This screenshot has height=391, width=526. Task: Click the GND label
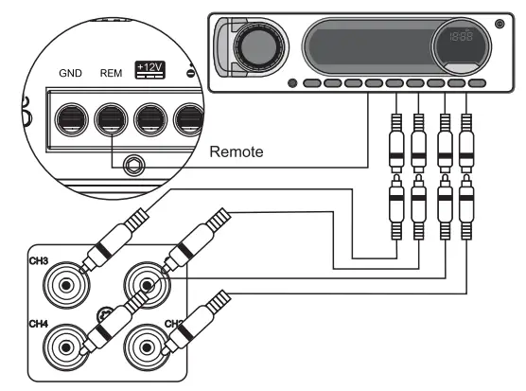pyautogui.click(x=71, y=72)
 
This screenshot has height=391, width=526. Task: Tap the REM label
pyautogui.click(x=111, y=72)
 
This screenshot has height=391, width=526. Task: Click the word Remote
pyautogui.click(x=236, y=151)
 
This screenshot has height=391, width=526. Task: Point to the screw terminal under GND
pyautogui.click(x=71, y=119)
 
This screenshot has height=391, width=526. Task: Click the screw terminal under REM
pyautogui.click(x=111, y=119)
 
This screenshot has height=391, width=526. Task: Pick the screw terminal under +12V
pyautogui.click(x=151, y=119)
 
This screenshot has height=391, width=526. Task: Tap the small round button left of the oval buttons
pyautogui.click(x=290, y=83)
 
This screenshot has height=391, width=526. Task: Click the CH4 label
pyautogui.click(x=39, y=323)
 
